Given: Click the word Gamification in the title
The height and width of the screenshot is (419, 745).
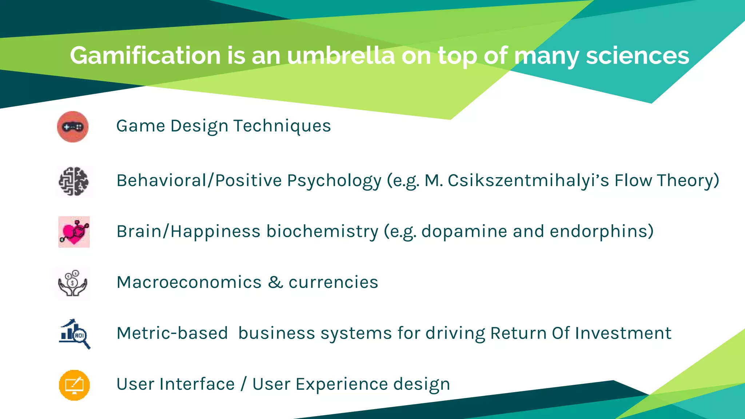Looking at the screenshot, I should pyautogui.click(x=146, y=56).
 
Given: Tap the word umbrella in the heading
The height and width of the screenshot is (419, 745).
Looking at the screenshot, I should pyautogui.click(x=340, y=56).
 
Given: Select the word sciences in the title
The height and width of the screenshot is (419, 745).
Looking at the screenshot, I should pyautogui.click(x=637, y=56).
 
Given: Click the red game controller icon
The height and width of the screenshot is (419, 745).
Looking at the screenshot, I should pyautogui.click(x=73, y=127).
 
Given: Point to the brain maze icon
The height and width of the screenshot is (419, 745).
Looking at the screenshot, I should pyautogui.click(x=73, y=181).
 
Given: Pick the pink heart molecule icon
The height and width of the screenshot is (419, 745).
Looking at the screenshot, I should pyautogui.click(x=74, y=232).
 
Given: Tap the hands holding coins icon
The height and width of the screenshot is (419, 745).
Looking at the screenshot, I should pyautogui.click(x=73, y=283).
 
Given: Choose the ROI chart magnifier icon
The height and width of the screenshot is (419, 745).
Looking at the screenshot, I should pyautogui.click(x=75, y=334).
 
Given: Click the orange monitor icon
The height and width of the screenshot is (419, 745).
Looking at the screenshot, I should pyautogui.click(x=74, y=385).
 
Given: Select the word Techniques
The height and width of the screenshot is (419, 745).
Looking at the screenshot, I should pyautogui.click(x=282, y=126).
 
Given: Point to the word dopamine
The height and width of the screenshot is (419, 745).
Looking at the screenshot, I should pyautogui.click(x=464, y=231).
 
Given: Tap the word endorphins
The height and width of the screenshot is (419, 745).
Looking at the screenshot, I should pyautogui.click(x=602, y=231).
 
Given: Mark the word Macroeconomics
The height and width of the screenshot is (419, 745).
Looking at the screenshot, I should pyautogui.click(x=189, y=282).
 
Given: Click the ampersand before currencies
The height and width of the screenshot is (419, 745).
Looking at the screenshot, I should pyautogui.click(x=275, y=282).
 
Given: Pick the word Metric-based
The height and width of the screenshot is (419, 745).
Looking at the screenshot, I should pyautogui.click(x=172, y=333).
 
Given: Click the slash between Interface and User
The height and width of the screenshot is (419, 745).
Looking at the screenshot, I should pyautogui.click(x=243, y=384).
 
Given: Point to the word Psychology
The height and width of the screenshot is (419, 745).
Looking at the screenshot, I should pyautogui.click(x=334, y=181).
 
